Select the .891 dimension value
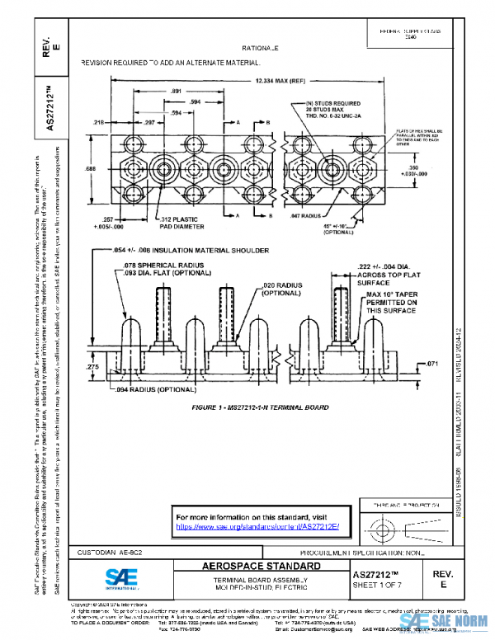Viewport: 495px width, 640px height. coord(175,91)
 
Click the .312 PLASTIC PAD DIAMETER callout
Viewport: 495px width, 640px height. coord(180,223)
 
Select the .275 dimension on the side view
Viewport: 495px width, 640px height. coord(92,366)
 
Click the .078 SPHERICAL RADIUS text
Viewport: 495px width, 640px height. coord(153,263)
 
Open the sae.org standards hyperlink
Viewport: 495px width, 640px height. coord(257,526)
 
